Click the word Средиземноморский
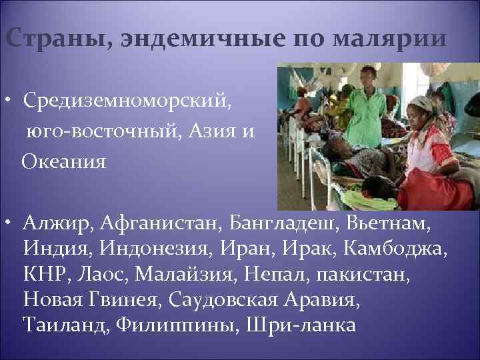point(128,102)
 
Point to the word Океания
point(64,161)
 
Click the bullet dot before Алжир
point(13,221)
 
